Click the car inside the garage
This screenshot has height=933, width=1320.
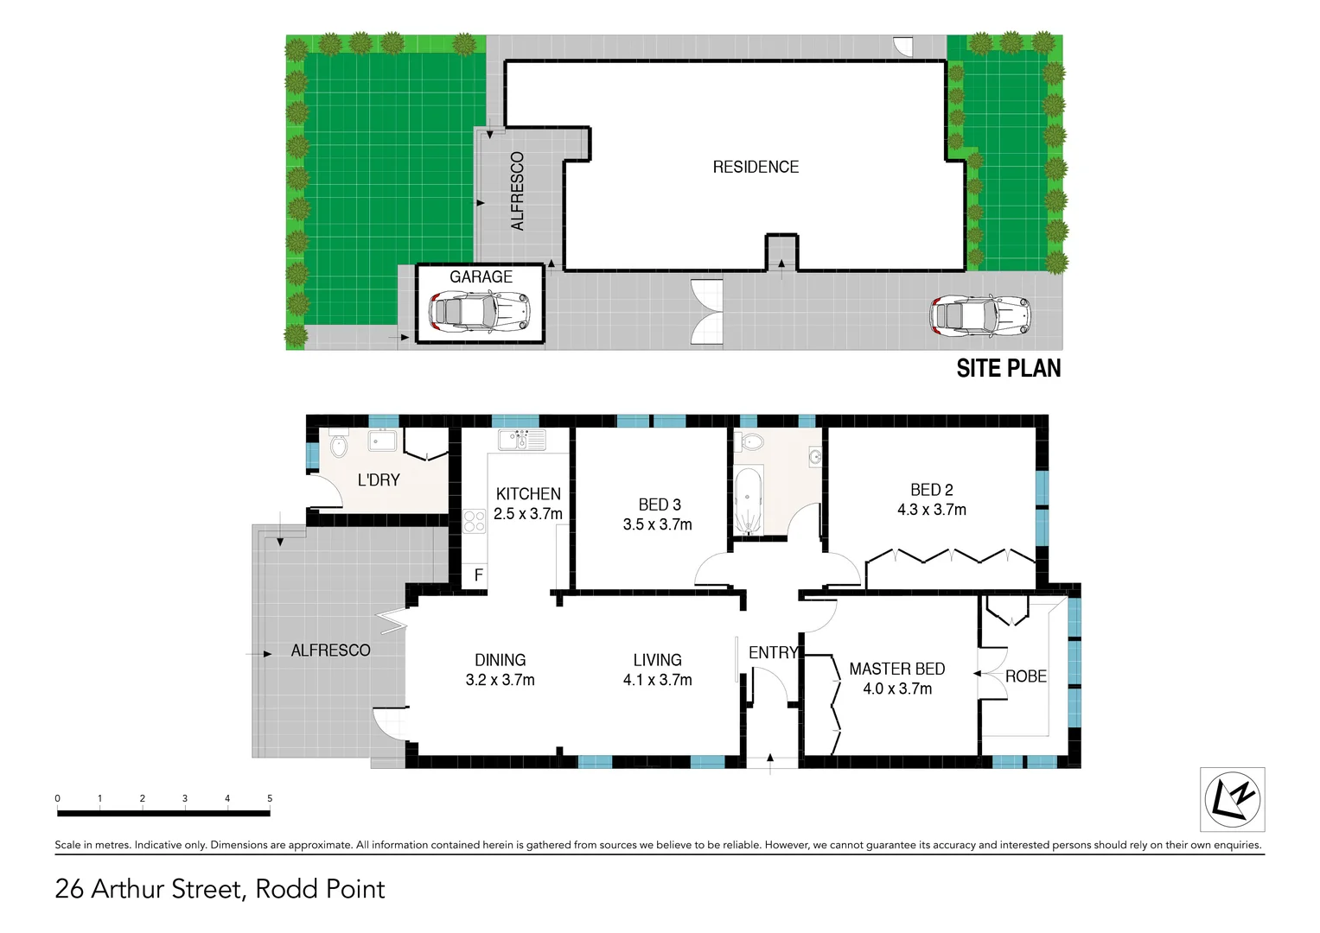[x=480, y=311]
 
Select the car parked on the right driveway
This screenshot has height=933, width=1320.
[x=980, y=316]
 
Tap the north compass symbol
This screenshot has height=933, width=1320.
[x=1232, y=798]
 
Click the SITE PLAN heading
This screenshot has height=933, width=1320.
[x=1008, y=368]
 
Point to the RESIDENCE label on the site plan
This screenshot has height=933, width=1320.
[x=756, y=167]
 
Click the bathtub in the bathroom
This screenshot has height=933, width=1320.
[x=749, y=500]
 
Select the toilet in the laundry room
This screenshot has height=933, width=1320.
[x=338, y=445]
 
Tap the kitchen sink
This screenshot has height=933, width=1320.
[x=521, y=439]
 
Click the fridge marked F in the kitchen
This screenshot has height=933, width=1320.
[x=478, y=574]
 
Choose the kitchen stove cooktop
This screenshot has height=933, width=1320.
[x=474, y=521]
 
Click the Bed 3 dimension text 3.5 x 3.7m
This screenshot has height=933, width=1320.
[x=657, y=524]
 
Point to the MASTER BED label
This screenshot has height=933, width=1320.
[x=896, y=669]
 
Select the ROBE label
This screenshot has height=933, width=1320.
[x=1025, y=676]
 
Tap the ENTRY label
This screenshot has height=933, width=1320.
[x=773, y=652]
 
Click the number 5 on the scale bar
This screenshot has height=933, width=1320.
[x=270, y=798]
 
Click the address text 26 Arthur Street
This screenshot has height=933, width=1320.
[x=152, y=889]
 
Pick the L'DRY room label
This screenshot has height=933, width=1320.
[x=379, y=479]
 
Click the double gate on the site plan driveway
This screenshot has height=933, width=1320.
[x=706, y=313]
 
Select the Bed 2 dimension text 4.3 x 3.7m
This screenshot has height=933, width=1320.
[x=931, y=510]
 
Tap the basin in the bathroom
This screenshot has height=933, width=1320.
[x=814, y=456]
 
